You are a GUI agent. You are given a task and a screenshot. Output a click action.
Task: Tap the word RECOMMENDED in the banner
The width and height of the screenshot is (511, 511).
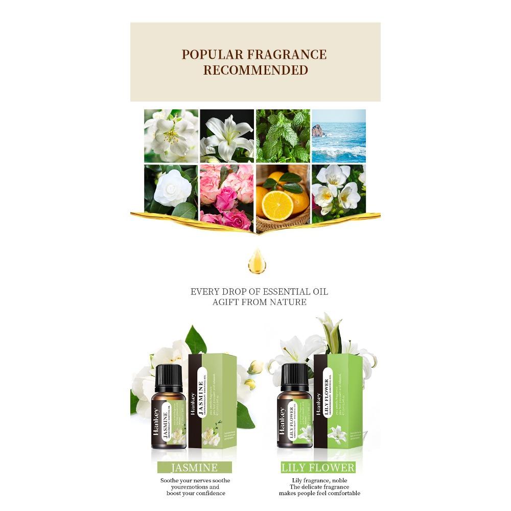pyautogui.click(x=255, y=70)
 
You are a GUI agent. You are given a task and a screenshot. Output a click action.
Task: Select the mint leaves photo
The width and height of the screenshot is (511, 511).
pyautogui.click(x=283, y=135)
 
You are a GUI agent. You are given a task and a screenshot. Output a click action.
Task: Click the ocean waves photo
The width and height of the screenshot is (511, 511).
pyautogui.click(x=338, y=135)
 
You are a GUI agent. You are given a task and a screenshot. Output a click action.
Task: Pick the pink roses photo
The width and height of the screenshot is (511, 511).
pyautogui.click(x=226, y=197)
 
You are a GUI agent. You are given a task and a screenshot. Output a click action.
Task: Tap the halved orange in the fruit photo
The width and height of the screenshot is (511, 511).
pyautogui.click(x=277, y=206)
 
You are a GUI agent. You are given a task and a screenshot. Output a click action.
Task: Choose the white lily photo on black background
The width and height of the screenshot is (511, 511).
pyautogui.click(x=226, y=135)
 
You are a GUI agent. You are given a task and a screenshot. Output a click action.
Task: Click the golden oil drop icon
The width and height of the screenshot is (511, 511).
pyautogui.click(x=257, y=261)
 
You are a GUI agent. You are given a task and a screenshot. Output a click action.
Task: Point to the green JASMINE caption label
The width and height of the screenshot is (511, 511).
pyautogui.click(x=194, y=467)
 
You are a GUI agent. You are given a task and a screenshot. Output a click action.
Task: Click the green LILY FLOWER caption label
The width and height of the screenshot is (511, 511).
pyautogui.click(x=318, y=467)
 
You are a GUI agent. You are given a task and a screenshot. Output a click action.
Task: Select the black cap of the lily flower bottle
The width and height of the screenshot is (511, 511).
pyautogui.click(x=295, y=375)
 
